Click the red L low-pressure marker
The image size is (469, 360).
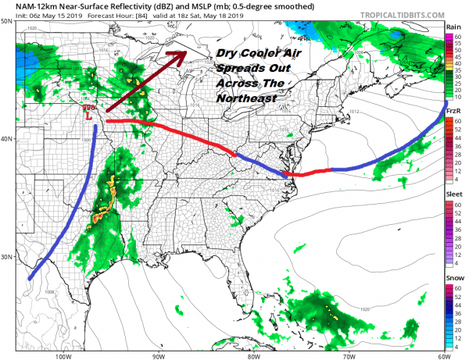tap(90, 116)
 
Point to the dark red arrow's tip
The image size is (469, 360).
tap(185, 52)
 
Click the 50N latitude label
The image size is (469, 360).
tap(6, 21)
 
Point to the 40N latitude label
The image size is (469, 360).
tap(6, 139)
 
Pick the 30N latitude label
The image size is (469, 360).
tap(6, 257)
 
